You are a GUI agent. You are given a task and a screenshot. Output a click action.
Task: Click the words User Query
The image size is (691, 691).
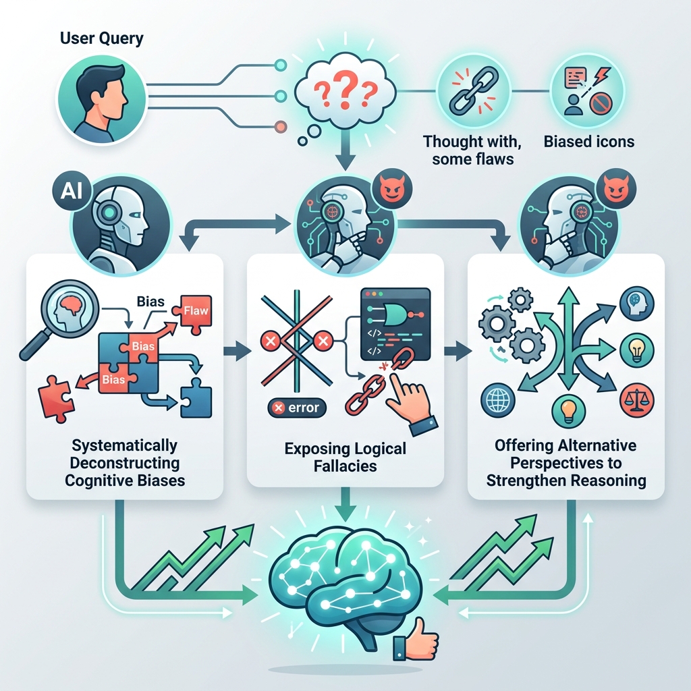(x=101, y=38)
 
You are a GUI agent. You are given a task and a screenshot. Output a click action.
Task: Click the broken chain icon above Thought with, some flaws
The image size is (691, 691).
(x=473, y=90)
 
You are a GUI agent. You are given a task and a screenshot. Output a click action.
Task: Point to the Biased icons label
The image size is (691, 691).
(x=588, y=142)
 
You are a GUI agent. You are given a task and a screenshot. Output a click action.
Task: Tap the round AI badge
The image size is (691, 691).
(x=72, y=192)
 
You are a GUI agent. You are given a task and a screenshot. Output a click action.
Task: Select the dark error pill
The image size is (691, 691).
(x=297, y=408)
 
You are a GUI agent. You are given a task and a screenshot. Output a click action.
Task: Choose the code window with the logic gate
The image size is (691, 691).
(x=395, y=324)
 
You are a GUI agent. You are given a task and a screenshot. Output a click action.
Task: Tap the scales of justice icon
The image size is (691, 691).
(x=637, y=401)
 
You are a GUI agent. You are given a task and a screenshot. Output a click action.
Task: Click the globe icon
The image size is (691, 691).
(x=498, y=400)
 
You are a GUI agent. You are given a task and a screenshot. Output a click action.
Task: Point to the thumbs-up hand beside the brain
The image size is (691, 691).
(x=416, y=638)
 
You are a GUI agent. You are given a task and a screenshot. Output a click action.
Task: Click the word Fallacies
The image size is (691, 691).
(x=345, y=466)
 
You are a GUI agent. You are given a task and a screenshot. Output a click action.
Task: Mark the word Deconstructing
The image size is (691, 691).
(x=125, y=463)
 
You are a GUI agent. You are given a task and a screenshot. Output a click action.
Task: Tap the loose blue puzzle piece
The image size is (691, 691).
(x=196, y=398)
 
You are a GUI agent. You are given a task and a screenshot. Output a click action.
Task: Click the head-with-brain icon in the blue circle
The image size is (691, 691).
(x=637, y=303)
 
